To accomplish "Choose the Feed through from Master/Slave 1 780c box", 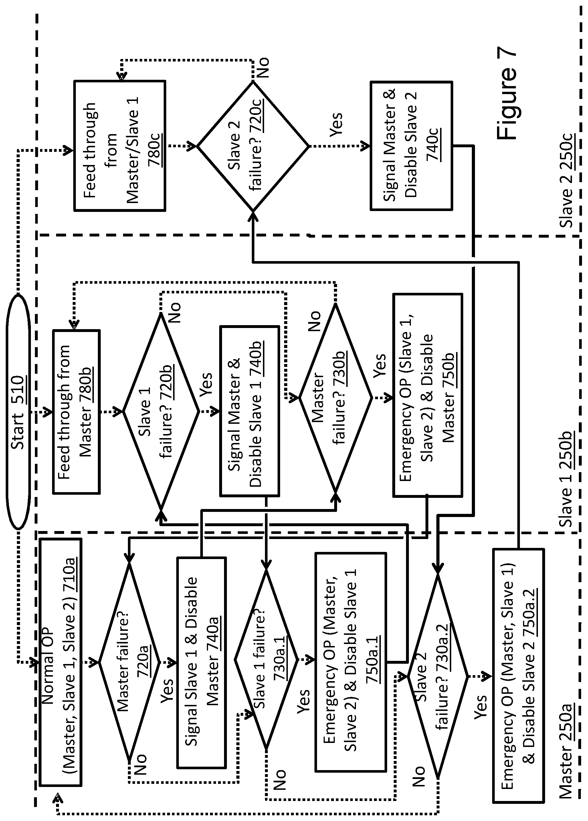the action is click(x=120, y=146).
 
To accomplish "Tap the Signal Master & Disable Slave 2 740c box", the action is click(x=411, y=146).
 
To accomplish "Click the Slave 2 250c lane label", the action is click(x=566, y=180).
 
